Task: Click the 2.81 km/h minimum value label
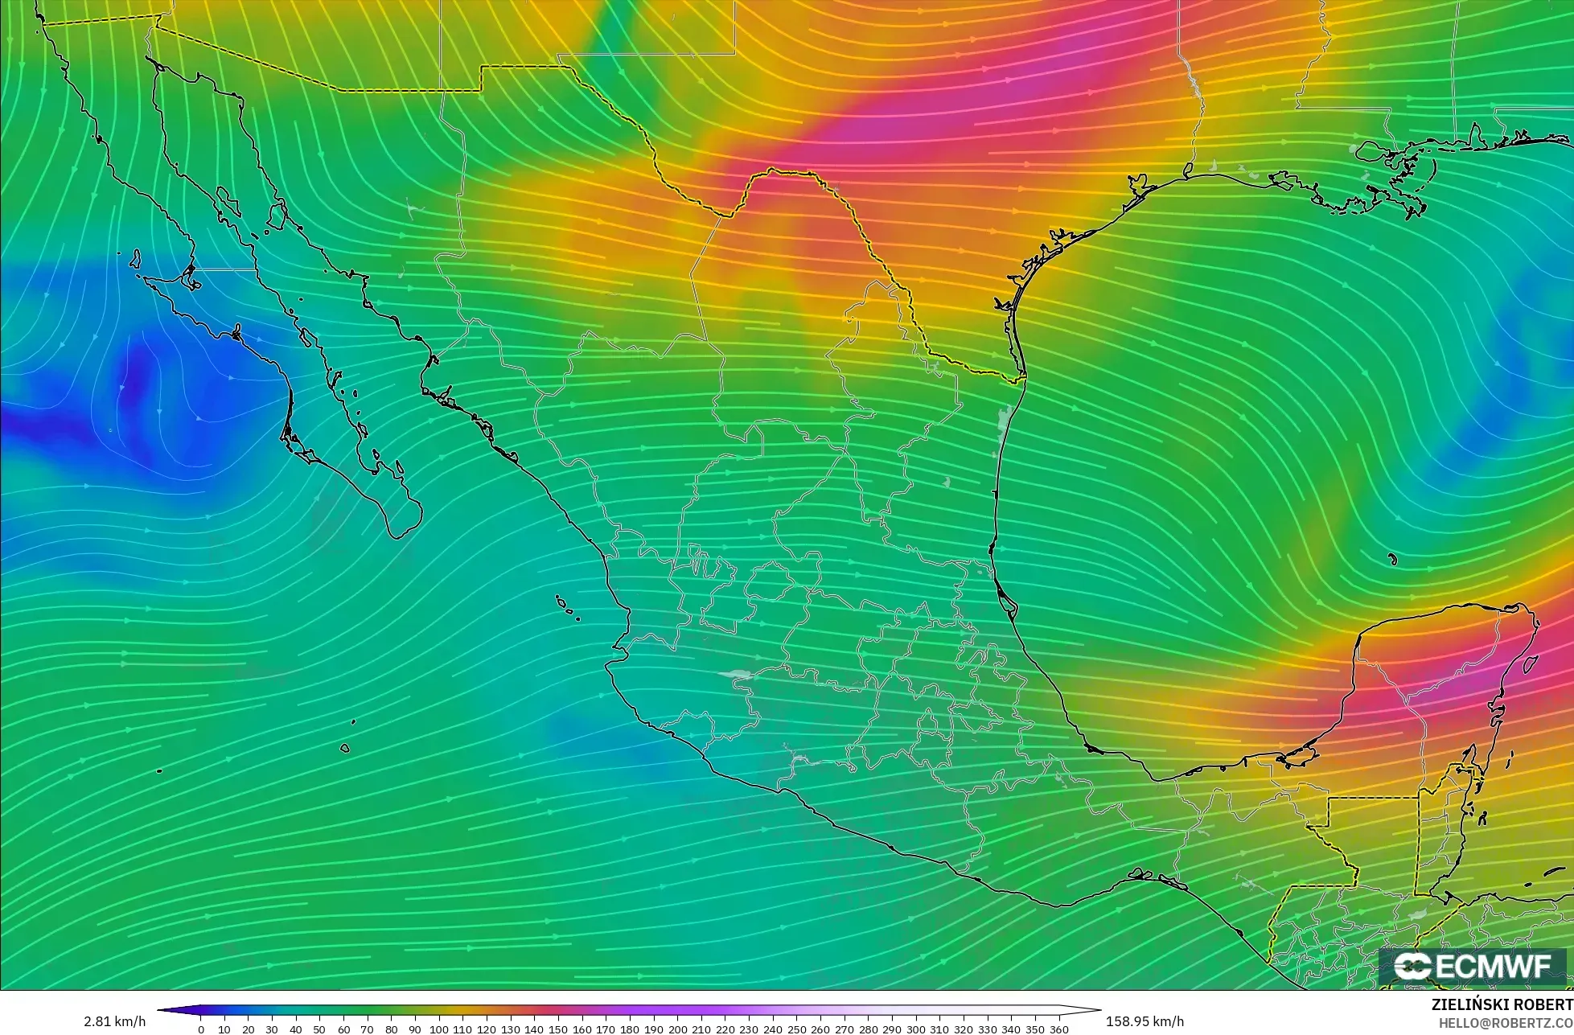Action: click(114, 1021)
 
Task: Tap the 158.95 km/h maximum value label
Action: click(1145, 1021)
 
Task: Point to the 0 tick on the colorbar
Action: click(201, 1029)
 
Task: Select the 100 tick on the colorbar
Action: click(439, 1029)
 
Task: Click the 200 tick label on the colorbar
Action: click(677, 1029)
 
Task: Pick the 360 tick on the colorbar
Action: click(1059, 1029)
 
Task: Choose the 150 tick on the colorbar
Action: click(558, 1029)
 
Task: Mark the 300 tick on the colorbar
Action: click(916, 1029)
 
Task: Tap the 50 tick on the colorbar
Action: click(320, 1029)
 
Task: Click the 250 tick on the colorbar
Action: click(797, 1029)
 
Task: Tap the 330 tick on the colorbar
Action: click(988, 1029)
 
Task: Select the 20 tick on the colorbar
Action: click(249, 1029)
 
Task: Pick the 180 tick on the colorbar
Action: click(630, 1029)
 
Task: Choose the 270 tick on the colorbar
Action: click(845, 1029)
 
